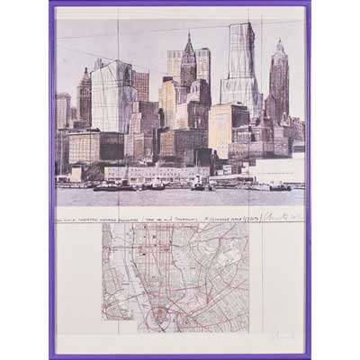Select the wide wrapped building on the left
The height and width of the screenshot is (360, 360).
114,97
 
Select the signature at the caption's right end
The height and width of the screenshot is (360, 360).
281,213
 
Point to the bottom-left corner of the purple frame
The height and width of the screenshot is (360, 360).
52,356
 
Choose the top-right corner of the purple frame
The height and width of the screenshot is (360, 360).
308,4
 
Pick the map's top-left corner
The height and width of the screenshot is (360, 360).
102,224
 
